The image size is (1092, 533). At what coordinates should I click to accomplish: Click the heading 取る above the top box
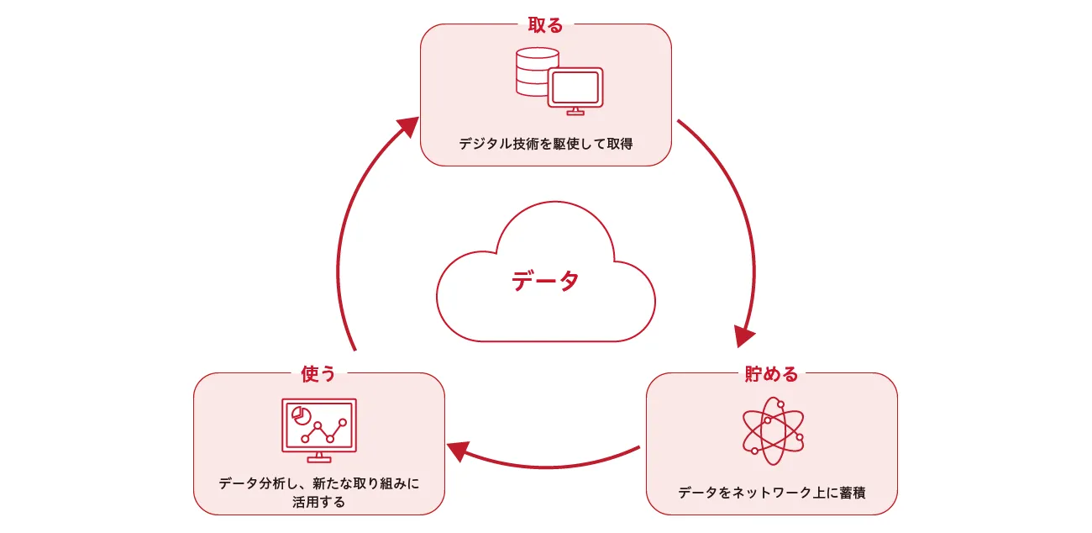point(545,25)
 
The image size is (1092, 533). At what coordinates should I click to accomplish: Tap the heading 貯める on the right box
point(771,374)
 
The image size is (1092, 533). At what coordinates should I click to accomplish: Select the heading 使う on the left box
point(318,374)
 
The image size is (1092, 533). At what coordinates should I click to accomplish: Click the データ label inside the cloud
point(545,281)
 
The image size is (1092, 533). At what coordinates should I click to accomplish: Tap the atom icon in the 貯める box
point(771,430)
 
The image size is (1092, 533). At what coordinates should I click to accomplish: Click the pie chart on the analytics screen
point(300,415)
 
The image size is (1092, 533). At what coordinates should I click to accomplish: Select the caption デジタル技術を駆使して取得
point(545,144)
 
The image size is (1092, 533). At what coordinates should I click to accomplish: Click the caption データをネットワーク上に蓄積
point(771,493)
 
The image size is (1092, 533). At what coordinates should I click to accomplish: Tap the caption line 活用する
point(318,502)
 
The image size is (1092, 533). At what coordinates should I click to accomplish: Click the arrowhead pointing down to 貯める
point(743,335)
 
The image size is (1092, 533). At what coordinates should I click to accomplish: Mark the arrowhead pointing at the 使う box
point(457,451)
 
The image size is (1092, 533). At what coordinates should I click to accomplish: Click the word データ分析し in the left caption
point(255,483)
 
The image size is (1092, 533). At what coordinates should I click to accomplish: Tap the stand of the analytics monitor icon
point(318,456)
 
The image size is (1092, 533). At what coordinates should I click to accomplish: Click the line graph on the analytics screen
point(324,431)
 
